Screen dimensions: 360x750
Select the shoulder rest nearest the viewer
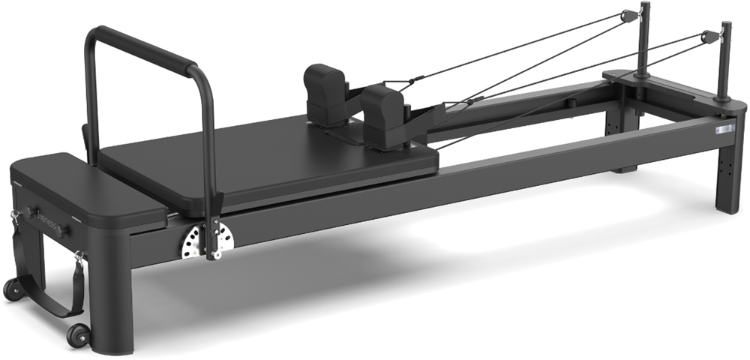[x=383, y=112]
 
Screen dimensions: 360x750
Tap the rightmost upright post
[x=724, y=60]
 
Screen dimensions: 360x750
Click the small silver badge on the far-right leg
[x=724, y=130]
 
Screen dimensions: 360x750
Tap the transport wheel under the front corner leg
[x=77, y=334]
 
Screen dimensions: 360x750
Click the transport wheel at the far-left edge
[x=11, y=289]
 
